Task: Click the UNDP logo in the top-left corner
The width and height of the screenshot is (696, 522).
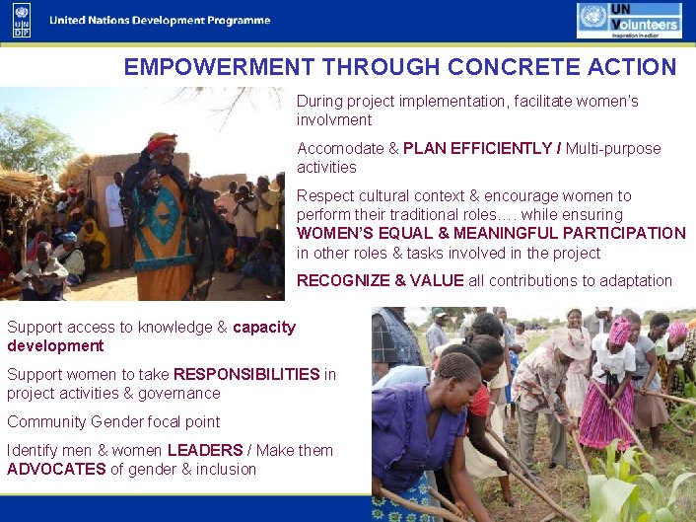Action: coord(22,20)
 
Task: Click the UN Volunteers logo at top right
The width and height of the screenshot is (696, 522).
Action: coord(629,20)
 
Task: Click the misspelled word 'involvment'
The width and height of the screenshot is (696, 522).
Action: coord(334,120)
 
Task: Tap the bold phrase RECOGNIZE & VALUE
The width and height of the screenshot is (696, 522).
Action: coord(380,281)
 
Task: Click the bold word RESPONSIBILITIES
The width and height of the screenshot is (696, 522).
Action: coord(246,375)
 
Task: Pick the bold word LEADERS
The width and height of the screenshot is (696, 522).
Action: coord(205,451)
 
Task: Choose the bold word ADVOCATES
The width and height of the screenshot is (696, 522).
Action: coord(56,470)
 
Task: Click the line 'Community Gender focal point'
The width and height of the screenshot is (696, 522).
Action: coord(113,422)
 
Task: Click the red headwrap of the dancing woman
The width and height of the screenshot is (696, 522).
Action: coord(162,141)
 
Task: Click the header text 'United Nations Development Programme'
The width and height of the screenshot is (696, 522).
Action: coord(160,21)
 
